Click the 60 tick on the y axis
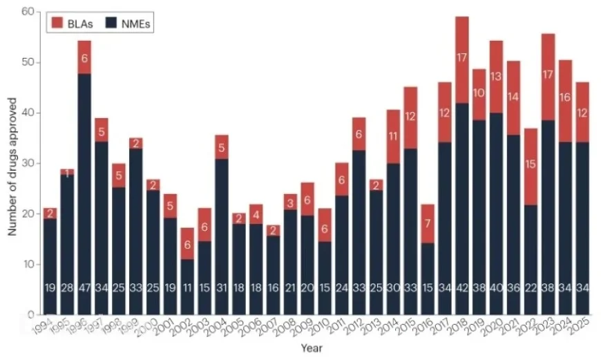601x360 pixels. (28, 12)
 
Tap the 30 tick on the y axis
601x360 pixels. (28, 163)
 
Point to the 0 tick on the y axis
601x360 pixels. (31, 315)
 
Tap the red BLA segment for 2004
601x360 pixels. (220, 147)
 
